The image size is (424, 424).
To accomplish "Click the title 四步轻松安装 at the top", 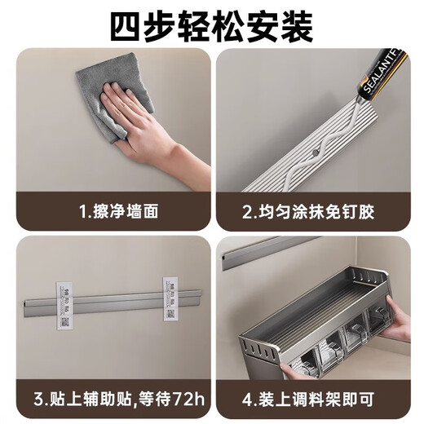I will pyautogui.click(x=212, y=27).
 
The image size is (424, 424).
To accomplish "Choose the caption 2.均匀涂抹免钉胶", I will pyautogui.click(x=310, y=212).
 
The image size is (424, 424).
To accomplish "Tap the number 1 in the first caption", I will pyautogui.click(x=82, y=212).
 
